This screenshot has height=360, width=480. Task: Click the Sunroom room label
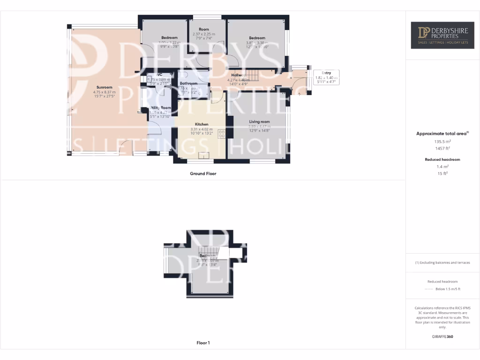tap(105, 87)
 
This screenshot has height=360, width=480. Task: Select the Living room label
tap(259, 122)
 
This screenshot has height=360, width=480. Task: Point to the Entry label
tap(326, 73)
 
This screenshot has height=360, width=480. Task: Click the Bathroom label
tap(188, 83)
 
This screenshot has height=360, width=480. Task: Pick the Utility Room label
tap(160, 108)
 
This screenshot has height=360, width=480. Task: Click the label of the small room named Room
tap(203, 29)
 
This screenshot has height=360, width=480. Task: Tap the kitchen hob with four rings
tap(222, 133)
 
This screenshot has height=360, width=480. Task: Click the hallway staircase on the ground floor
tap(253, 75)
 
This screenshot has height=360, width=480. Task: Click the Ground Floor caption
tap(203, 173)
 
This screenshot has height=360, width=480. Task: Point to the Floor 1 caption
tap(203, 343)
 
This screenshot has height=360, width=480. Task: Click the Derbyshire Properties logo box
tap(442, 36)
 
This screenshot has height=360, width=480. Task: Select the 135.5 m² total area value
tap(442, 141)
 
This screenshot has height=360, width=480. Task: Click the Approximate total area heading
tap(442, 134)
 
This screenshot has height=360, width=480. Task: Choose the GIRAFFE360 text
tap(442, 337)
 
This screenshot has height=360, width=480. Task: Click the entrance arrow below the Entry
tap(300, 93)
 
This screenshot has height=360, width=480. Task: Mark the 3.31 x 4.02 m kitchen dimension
tap(202, 129)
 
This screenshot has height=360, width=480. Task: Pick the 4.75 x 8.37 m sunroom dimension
tap(105, 92)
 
